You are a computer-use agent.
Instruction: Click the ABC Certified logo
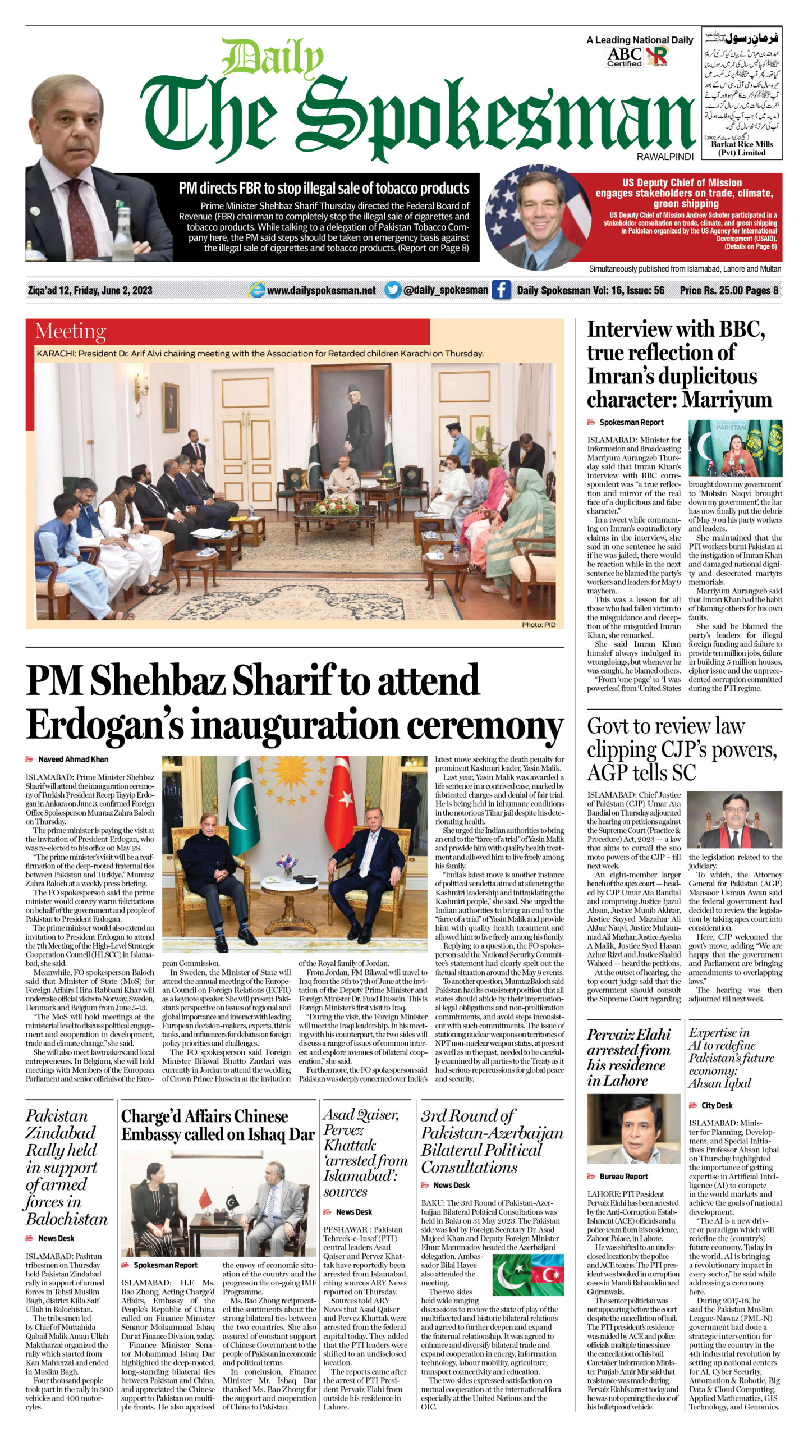624,57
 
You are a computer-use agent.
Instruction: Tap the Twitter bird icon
393,290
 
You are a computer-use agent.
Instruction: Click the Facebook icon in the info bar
501,290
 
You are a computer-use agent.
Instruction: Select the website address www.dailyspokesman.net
321,290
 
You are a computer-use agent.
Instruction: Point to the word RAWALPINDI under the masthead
665,157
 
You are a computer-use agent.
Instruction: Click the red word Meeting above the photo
71,332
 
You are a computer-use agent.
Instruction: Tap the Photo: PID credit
539,624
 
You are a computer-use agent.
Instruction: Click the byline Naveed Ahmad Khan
73,759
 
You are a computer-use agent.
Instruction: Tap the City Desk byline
717,1105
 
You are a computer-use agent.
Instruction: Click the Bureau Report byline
623,1176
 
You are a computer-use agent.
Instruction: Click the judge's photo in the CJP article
734,819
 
